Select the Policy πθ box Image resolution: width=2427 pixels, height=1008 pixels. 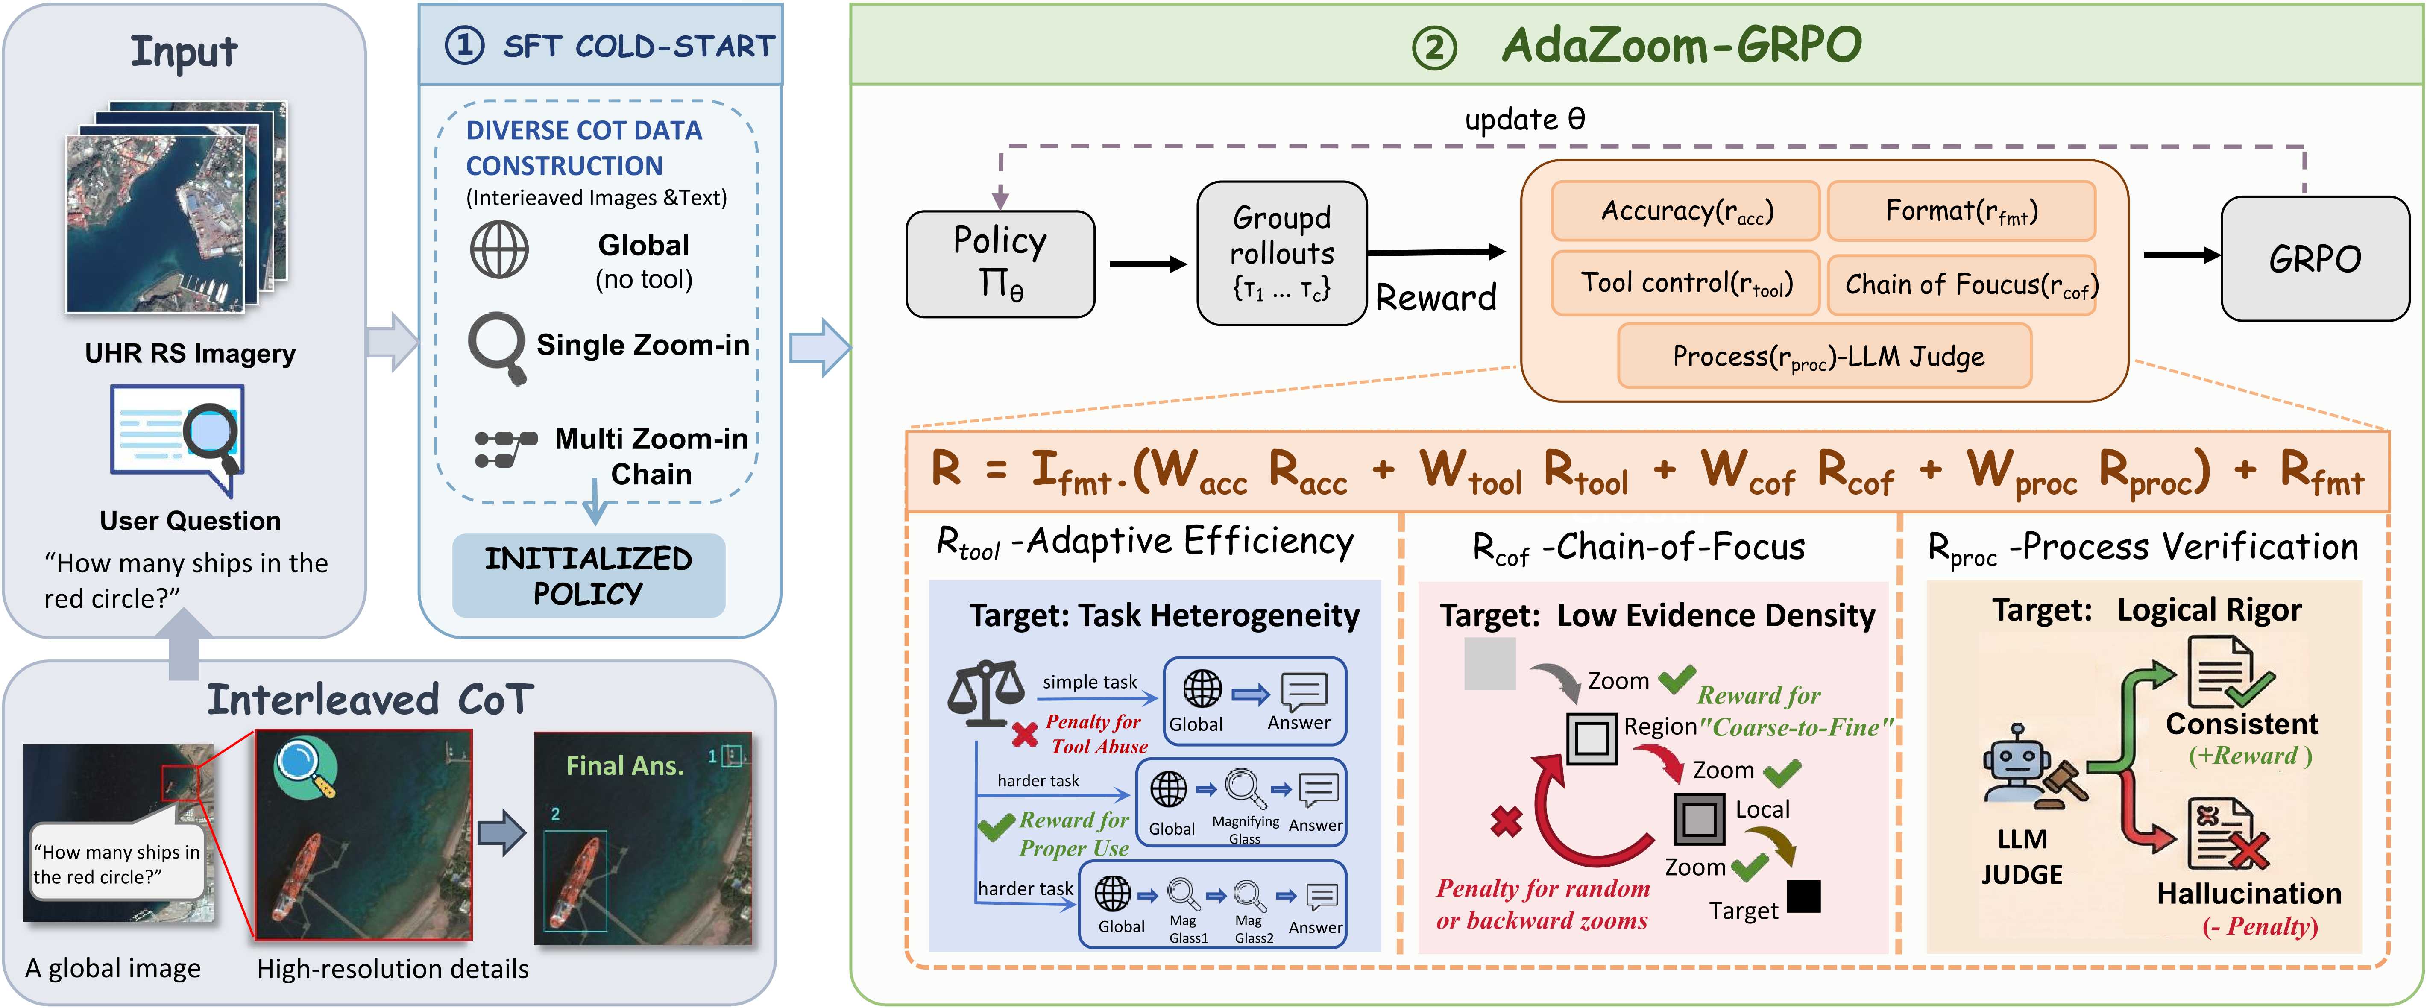1000,264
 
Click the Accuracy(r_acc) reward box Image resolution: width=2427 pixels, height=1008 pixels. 1685,211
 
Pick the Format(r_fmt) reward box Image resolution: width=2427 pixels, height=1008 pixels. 1961,211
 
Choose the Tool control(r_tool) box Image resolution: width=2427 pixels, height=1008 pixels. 1685,283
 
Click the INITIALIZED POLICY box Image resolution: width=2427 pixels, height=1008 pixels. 589,576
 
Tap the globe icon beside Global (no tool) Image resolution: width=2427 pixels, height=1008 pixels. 499,249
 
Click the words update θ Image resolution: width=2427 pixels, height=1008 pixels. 1524,120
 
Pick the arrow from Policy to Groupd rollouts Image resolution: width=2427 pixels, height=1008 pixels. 1148,264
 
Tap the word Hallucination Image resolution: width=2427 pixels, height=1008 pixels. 2249,893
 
